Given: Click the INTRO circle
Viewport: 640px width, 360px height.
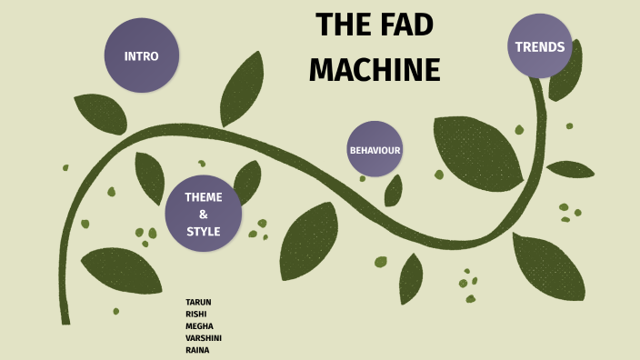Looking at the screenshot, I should pos(142,55).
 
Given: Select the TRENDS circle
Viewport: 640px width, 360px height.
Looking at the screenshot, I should pos(539,46).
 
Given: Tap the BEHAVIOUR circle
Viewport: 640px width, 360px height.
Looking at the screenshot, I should pos(375,149).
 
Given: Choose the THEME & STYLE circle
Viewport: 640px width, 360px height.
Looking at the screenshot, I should pos(203,214).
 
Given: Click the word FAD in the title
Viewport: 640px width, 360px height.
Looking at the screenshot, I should pos(400,27).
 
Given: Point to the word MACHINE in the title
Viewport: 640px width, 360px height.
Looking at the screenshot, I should pos(375,69).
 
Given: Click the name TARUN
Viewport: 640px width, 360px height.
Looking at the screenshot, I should pos(198,302).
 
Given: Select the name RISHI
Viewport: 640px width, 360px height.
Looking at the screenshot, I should pos(195,314).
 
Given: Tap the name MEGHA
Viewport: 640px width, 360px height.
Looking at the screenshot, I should pos(199,325).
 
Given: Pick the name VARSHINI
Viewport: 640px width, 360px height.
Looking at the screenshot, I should pos(204,337).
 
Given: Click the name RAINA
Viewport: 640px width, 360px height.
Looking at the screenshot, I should pos(197,349).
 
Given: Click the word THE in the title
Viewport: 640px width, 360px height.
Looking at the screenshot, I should pos(339,27).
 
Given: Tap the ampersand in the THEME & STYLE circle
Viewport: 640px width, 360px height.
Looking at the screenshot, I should pos(203,214).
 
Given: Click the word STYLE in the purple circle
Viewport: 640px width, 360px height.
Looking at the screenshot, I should pos(203,231).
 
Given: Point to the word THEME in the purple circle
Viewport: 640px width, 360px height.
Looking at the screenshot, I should pos(203,196).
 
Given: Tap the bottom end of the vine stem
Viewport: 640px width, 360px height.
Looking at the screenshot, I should pos(65,318).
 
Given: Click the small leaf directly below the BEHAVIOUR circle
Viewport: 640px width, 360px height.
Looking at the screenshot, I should pos(393,192).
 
